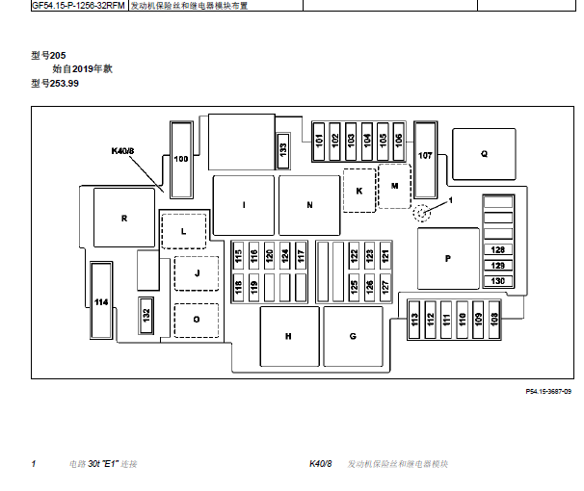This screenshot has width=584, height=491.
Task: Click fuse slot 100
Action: click(181, 160)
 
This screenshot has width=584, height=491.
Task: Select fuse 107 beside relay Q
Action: click(425, 160)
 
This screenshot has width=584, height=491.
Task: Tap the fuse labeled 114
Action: click(101, 300)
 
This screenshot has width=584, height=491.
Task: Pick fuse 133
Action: click(283, 150)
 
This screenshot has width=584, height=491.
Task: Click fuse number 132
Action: click(146, 316)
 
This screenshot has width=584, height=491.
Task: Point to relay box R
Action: click(124, 218)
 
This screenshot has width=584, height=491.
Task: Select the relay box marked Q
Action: click(484, 154)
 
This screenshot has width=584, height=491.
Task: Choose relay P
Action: click(448, 259)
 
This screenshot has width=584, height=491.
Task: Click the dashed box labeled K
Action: click(359, 191)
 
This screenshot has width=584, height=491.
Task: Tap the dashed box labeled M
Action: click(395, 186)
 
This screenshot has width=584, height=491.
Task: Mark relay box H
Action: click(289, 336)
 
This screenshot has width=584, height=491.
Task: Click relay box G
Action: click(353, 336)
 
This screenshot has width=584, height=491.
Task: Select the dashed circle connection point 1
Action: click(421, 213)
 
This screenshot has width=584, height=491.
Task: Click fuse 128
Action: click(498, 249)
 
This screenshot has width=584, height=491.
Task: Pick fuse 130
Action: click(498, 281)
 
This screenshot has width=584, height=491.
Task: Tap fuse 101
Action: click(319, 142)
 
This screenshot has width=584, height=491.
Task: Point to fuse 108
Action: click(493, 320)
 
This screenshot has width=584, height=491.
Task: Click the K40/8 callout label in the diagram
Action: click(122, 151)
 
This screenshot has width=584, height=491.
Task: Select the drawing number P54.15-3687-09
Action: click(548, 391)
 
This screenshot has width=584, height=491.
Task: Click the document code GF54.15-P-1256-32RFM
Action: click(78, 6)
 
